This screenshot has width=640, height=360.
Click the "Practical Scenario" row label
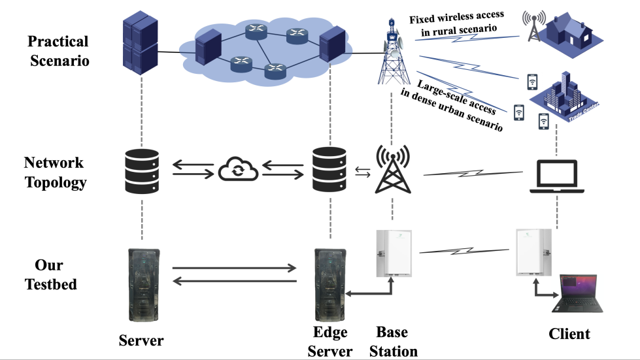point(58,52)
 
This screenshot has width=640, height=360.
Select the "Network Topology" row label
point(55,172)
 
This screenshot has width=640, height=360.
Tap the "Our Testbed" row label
point(50,275)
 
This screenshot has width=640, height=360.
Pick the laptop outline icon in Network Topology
point(556,175)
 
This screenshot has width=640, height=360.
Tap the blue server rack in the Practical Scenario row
point(141,42)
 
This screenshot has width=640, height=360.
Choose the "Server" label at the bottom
point(141,340)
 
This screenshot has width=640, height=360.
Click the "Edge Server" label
point(330,342)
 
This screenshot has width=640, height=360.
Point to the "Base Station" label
point(393,342)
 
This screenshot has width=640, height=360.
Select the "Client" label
point(569,334)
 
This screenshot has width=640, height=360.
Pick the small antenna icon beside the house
point(533,25)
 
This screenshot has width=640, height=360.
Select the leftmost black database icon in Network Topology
point(141,171)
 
